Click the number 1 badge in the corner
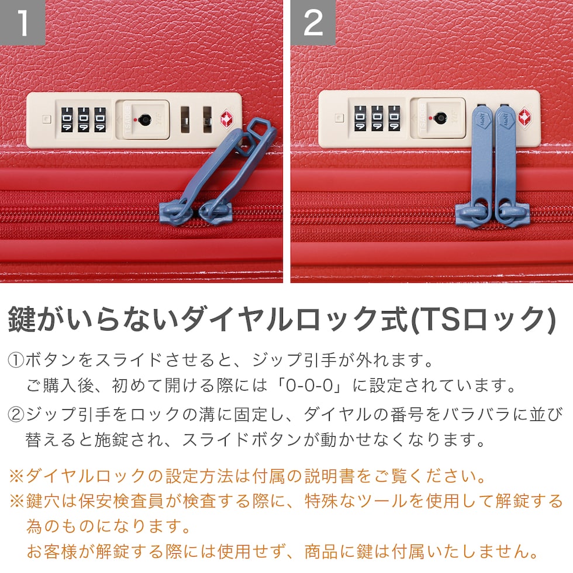point(22,22)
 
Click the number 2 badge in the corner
point(313,22)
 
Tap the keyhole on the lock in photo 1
point(145,119)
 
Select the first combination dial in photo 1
point(67,119)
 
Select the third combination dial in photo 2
point(394,118)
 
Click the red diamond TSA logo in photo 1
point(227,119)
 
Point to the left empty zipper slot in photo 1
point(185,120)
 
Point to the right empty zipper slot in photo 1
point(208,120)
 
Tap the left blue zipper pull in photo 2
point(482,161)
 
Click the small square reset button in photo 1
point(46,119)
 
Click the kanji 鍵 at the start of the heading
point(22,319)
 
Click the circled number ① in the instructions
point(16,360)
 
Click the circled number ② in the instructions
point(16,415)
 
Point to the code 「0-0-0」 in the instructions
point(310,385)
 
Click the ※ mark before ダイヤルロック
point(16,476)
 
